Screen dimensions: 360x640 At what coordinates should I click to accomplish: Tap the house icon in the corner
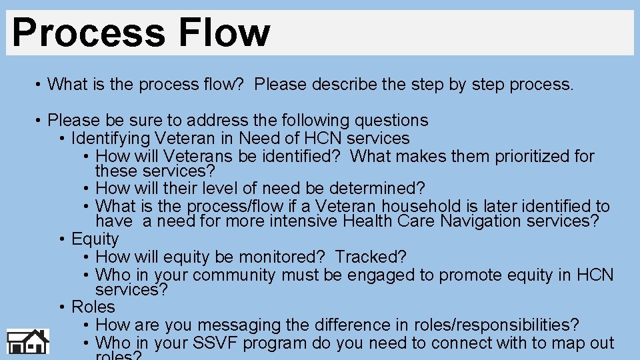pos(28,342)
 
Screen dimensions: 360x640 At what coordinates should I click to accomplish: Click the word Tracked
pos(380,257)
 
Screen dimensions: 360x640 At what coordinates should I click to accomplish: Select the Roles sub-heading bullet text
pos(93,307)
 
